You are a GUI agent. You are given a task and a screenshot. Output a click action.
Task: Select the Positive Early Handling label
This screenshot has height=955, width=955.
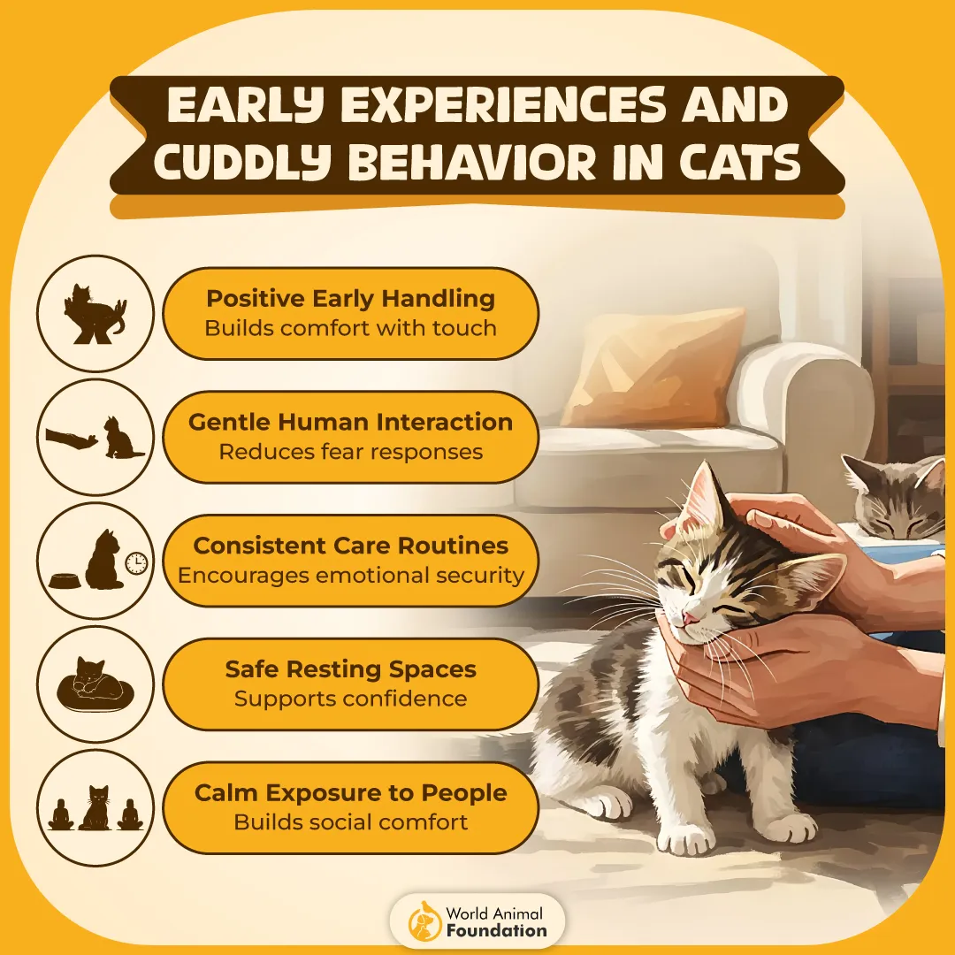(x=350, y=299)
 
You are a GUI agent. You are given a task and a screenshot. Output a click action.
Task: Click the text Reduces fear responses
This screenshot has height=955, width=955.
(x=351, y=452)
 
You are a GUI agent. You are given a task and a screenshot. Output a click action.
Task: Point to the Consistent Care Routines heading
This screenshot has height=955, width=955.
(x=351, y=546)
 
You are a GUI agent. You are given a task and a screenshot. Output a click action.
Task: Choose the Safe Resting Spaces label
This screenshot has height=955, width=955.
(x=351, y=669)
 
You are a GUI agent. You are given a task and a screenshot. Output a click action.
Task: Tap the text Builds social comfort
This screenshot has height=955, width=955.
(x=351, y=822)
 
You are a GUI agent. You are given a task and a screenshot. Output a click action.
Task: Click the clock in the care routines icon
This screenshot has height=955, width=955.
(x=135, y=562)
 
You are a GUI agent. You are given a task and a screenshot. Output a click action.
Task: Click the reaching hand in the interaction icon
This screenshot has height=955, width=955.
(x=71, y=437)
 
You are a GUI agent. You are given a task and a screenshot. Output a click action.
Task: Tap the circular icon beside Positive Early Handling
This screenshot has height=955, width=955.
(x=95, y=313)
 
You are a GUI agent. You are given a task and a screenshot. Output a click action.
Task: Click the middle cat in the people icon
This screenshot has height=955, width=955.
(x=95, y=807)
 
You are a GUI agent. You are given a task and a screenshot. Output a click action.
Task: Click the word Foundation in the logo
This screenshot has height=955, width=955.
(x=497, y=930)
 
